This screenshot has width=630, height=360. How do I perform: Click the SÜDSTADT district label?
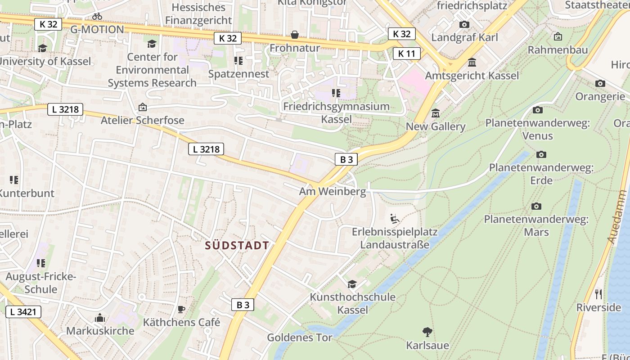pos(237,245)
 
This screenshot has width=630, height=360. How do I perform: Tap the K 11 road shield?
pos(406,54)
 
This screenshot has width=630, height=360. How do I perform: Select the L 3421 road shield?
pos(23,311)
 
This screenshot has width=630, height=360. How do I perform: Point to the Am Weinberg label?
pos(333,191)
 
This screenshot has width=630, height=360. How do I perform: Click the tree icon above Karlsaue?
pos(427,332)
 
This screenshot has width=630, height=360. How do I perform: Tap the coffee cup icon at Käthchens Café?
pos(181,309)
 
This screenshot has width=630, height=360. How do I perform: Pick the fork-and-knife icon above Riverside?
pos(598,294)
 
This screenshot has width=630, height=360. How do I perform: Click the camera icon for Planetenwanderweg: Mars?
pos(536,206)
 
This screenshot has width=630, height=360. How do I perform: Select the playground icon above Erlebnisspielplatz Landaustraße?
pos(395,219)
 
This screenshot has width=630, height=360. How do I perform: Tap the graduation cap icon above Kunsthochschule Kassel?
pos(352,284)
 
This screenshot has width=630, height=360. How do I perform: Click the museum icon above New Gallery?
pos(435,113)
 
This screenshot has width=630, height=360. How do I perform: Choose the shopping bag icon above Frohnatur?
pos(295,35)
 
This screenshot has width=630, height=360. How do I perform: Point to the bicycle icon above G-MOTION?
pos(97,16)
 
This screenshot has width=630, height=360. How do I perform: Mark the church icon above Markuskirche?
pos(100,318)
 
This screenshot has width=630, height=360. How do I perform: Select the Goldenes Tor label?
pos(300,337)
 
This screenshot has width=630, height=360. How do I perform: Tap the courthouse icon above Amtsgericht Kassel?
pos(472,62)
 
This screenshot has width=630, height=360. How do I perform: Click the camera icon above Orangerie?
pos(600,83)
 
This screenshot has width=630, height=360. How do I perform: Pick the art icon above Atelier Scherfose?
pos(143,107)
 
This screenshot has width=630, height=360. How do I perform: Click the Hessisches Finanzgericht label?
pos(198,14)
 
